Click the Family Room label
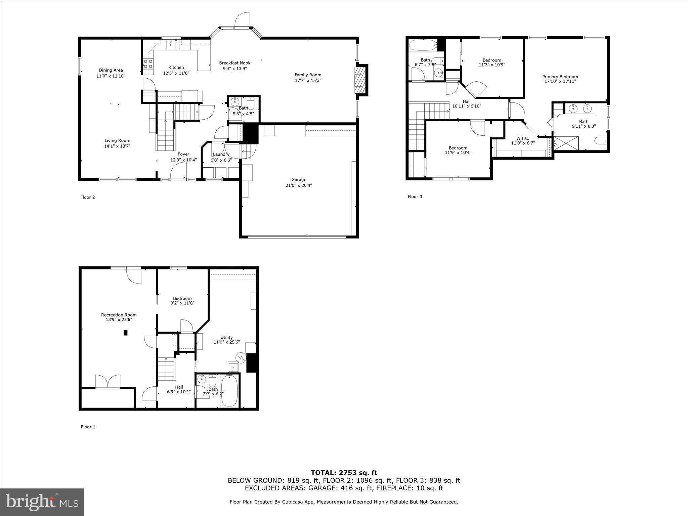308,75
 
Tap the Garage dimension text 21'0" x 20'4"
299,185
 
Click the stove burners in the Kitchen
148,64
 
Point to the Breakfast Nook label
234,63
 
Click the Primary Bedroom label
560,77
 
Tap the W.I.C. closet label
522,138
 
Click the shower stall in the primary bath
566,143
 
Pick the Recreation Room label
119,315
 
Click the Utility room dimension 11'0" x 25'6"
226,342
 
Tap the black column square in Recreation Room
126,333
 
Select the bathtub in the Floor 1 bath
229,391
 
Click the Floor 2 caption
87,197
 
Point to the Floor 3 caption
415,197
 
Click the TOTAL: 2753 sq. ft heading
344,473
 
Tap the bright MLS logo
42,502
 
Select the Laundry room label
221,154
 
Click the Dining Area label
111,70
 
